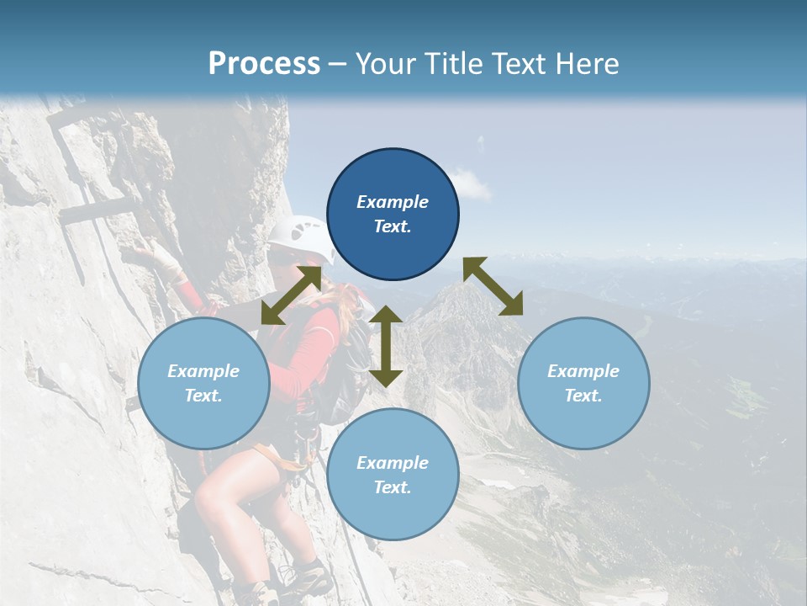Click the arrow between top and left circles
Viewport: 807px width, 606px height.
coord(291,295)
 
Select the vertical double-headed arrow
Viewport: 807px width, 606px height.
coord(386,346)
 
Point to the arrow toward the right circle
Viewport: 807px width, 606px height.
coord(493,286)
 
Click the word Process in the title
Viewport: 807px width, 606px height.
coord(264,64)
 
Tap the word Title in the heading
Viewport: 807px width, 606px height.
coord(455,64)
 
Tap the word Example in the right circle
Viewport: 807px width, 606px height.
coord(583,371)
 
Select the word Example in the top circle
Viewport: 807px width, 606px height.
coord(393,202)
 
